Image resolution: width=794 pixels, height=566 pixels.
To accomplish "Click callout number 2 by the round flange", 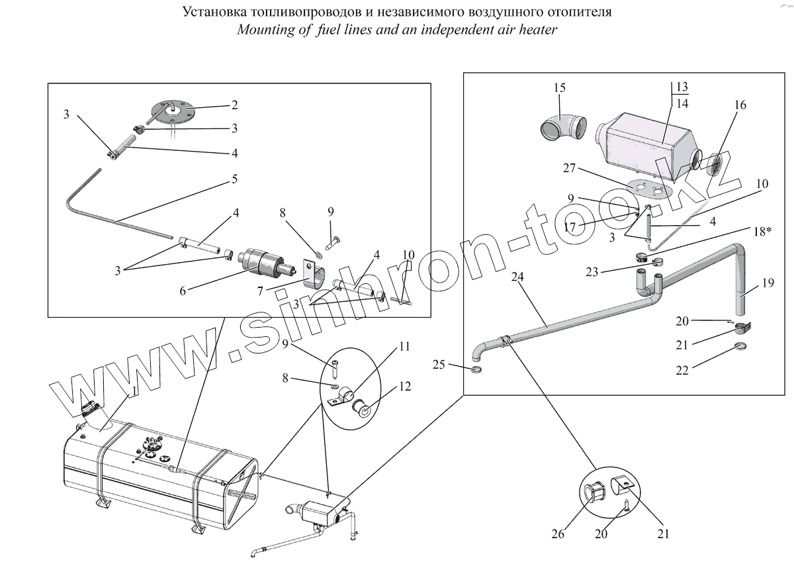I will (234, 105).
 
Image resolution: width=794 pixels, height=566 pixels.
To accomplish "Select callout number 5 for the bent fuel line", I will (234, 179).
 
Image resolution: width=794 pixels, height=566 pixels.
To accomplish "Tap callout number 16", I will (740, 105).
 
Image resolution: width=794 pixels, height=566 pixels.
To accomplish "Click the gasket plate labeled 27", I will (646, 189).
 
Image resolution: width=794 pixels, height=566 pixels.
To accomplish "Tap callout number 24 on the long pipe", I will (518, 276).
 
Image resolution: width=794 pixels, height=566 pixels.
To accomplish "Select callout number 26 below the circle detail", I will (558, 534).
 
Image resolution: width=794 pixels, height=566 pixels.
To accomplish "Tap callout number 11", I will (404, 346).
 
